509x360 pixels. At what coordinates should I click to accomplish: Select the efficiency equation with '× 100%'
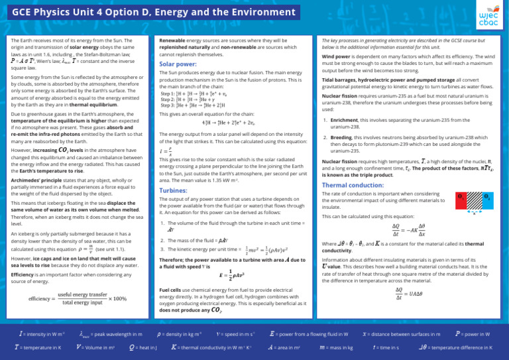coord(78,298)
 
